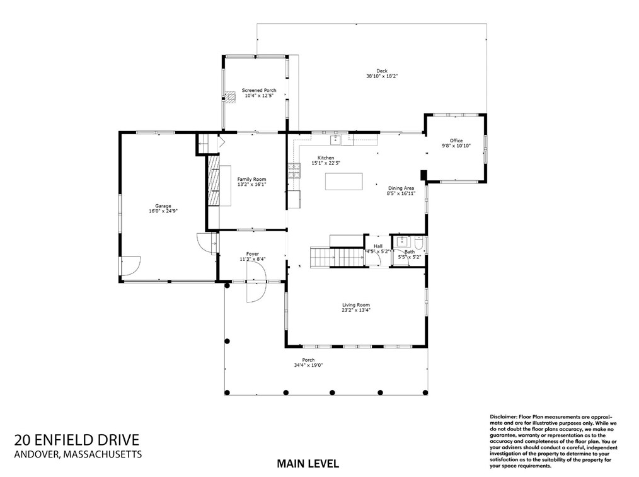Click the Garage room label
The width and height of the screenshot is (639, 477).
click(x=163, y=205)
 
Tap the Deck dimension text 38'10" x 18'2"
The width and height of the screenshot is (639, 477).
click(x=382, y=76)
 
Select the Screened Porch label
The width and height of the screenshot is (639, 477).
click(x=259, y=91)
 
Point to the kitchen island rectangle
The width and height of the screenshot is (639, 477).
click(x=343, y=181)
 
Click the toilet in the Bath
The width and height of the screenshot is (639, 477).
click(x=418, y=244)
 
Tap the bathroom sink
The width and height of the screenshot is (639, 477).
click(x=401, y=241)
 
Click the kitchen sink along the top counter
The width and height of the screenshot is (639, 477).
click(x=335, y=140)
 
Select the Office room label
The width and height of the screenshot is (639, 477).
click(x=456, y=141)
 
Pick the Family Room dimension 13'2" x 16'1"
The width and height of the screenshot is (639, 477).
click(x=252, y=184)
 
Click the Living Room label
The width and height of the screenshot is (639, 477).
click(x=356, y=305)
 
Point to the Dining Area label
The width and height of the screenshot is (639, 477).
click(x=401, y=188)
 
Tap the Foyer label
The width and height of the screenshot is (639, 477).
click(x=253, y=254)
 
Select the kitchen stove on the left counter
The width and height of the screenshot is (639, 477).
click(x=294, y=171)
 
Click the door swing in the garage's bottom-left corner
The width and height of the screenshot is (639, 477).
click(x=130, y=265)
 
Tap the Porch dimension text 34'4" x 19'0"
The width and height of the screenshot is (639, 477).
click(x=309, y=365)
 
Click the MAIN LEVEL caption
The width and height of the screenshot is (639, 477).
click(x=308, y=464)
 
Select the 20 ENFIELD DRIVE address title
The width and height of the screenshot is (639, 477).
click(x=77, y=440)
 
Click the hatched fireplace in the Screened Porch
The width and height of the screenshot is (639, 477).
click(x=231, y=98)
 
